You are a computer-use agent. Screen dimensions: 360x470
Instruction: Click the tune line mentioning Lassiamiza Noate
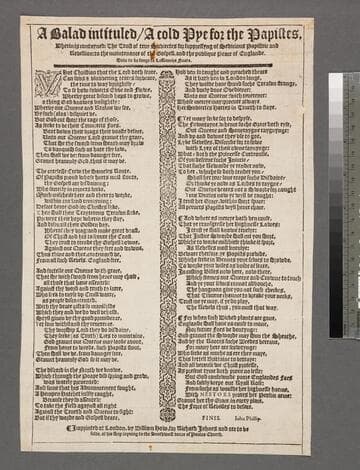tap(176, 62)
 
